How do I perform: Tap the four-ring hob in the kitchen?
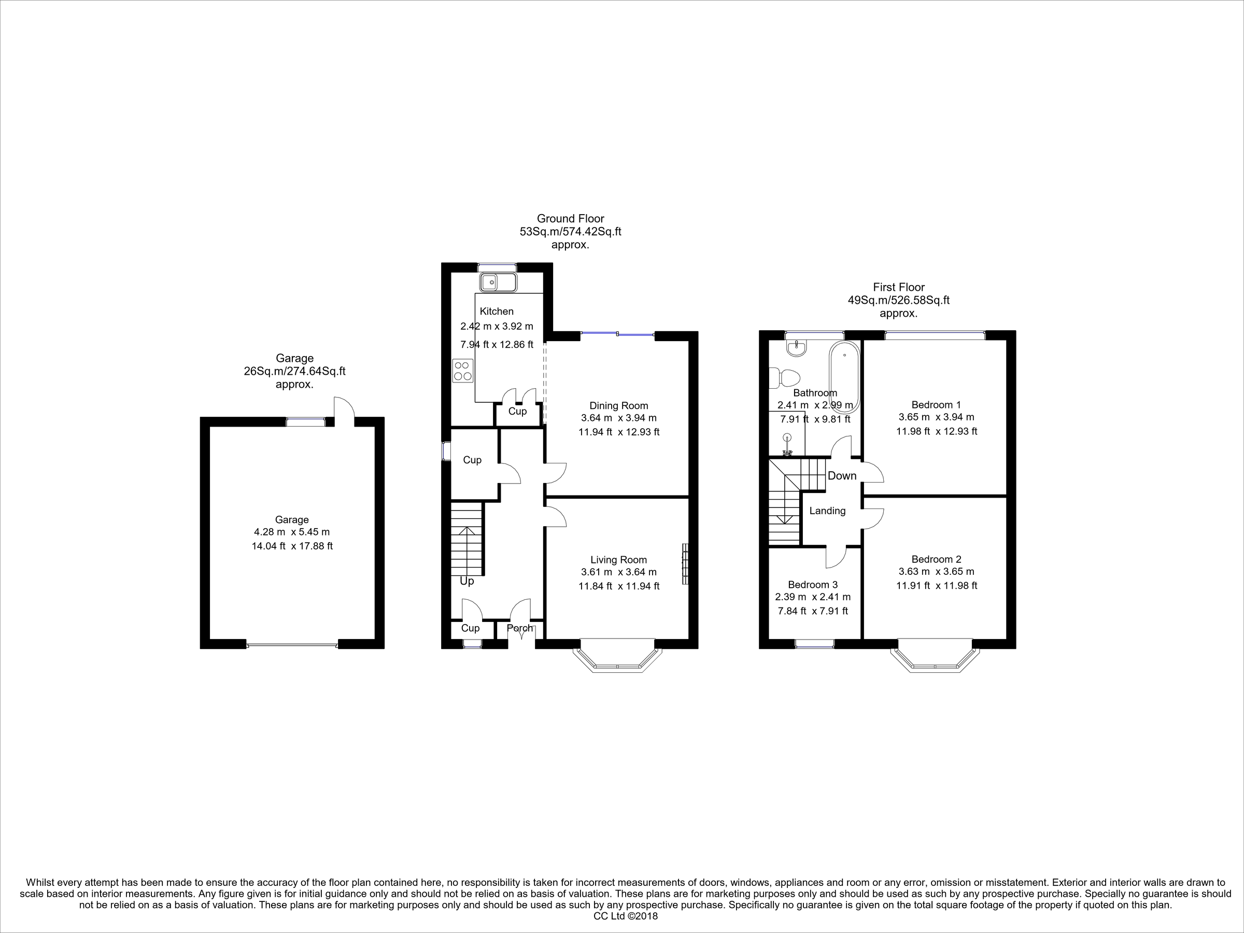[462, 371]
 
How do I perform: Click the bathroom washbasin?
[797, 349]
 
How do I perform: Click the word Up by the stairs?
[467, 581]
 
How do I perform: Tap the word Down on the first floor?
[842, 476]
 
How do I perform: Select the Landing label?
[827, 511]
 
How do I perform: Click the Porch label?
[520, 628]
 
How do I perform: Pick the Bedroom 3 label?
[813, 584]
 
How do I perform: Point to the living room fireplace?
[685, 564]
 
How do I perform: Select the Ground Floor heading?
[570, 218]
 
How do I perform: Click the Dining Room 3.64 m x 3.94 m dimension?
[618, 418]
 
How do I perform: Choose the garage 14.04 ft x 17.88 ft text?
[292, 545]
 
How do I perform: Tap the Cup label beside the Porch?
[470, 628]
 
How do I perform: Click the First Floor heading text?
[899, 287]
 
